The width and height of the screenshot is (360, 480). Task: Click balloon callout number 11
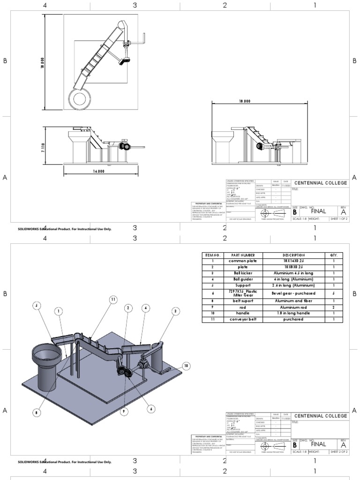pyautogui.click(x=112, y=299)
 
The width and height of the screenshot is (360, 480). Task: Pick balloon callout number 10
pyautogui.click(x=186, y=365)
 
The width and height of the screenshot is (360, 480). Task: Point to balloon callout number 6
pyautogui.click(x=151, y=409)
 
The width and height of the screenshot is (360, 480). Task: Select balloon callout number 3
pyautogui.click(x=175, y=311)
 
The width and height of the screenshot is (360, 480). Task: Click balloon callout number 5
pyautogui.click(x=36, y=305)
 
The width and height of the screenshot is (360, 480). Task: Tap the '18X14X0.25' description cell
pyautogui.click(x=293, y=261)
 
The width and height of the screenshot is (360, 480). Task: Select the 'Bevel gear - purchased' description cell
pyautogui.click(x=293, y=293)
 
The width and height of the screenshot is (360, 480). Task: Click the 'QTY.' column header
pyautogui.click(x=334, y=255)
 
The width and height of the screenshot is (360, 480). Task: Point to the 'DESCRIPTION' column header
pyautogui.click(x=293, y=255)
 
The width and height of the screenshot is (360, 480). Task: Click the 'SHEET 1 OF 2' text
pyautogui.click(x=339, y=219)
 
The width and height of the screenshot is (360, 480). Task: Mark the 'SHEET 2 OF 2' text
pyautogui.click(x=339, y=452)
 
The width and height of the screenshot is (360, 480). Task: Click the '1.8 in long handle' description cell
pyautogui.click(x=293, y=313)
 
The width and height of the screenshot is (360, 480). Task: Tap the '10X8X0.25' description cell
pyautogui.click(x=293, y=267)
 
